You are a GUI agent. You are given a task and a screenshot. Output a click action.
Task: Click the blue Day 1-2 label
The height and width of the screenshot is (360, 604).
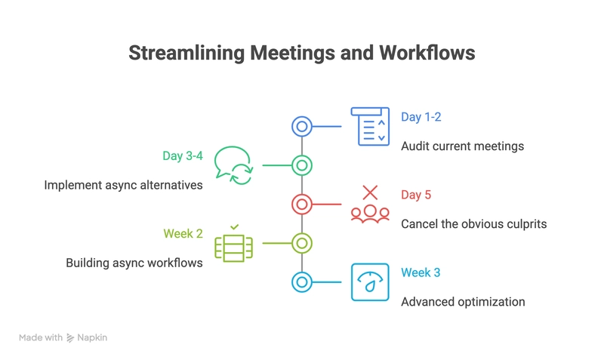coord(421,117)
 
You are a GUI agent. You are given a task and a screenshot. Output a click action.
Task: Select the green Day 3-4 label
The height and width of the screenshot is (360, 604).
coord(183,156)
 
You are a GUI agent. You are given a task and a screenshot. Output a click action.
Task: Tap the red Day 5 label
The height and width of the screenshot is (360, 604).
coord(416,195)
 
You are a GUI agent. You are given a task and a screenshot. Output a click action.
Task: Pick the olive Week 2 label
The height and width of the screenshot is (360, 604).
coord(183,234)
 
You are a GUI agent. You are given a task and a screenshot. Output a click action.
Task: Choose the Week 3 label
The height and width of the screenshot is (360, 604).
coord(421,272)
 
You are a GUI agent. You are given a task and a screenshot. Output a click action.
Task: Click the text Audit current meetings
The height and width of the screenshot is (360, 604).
coord(462,146)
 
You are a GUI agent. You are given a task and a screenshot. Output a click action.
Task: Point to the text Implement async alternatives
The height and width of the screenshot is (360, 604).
coord(123,185)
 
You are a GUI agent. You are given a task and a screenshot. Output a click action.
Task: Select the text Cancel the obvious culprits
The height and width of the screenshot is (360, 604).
coord(474,224)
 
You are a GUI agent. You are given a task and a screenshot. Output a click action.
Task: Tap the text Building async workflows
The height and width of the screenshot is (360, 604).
coord(134,263)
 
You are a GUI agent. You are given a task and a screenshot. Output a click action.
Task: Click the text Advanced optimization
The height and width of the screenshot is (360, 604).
coord(463,302)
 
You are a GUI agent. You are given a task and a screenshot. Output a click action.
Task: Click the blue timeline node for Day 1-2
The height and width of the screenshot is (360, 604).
coord(302,126)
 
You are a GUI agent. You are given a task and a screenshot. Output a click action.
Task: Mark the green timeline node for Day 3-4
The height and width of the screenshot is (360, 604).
coord(302,165)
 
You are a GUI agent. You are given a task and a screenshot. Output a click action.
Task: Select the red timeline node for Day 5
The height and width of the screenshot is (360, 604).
coord(302,204)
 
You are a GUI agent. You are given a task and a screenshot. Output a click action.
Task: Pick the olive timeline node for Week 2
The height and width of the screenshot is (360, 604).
coord(302,243)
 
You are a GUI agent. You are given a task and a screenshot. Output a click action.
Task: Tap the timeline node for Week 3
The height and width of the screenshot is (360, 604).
coord(302,282)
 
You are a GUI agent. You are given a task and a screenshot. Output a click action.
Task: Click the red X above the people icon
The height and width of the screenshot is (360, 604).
coord(370,192)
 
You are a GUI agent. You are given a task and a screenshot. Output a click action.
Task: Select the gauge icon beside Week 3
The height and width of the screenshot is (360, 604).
coord(370,282)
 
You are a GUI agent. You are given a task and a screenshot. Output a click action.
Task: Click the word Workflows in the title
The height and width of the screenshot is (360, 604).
coord(427,53)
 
